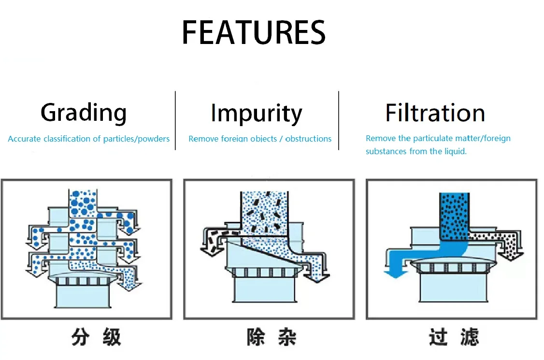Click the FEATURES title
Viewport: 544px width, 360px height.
coord(254,32)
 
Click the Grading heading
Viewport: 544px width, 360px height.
coord(84,113)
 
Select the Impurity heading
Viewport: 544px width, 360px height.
coord(257,114)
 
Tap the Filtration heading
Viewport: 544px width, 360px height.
coord(435,113)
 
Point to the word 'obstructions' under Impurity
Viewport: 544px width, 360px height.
coord(308,139)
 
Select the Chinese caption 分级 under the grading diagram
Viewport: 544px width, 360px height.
coord(96,337)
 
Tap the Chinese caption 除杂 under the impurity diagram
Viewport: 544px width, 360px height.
coord(272,337)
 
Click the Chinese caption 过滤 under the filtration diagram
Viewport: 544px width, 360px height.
coord(454,337)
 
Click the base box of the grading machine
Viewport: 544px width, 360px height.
coord(83,296)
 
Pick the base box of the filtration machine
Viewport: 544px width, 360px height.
coord(454,287)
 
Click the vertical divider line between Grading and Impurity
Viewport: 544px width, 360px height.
coord(175,120)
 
